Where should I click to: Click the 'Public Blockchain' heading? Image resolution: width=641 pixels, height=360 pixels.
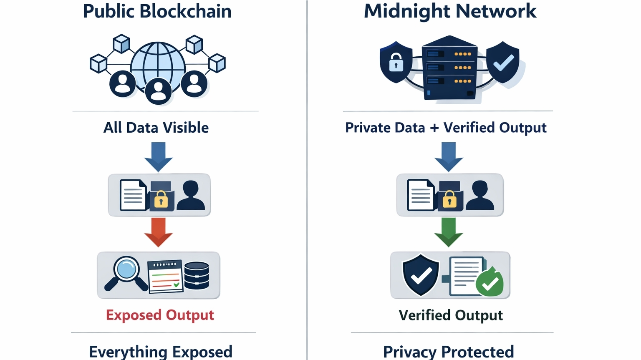157,11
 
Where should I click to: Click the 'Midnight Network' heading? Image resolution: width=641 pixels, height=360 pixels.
450,11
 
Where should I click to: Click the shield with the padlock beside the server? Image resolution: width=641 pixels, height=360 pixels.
396,62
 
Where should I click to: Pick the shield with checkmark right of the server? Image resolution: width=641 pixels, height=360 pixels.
503,62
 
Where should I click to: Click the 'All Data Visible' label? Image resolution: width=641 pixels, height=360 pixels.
156,128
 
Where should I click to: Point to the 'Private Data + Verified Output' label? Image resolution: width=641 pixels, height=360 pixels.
446,128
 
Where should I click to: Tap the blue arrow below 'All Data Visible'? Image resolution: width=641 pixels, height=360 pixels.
158,157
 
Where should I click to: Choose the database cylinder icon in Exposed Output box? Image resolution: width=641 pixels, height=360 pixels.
197,275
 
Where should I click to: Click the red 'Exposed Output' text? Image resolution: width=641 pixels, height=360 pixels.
160,315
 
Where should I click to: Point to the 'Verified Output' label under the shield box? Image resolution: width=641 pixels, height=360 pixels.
451,315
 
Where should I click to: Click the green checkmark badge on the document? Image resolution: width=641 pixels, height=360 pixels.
490,284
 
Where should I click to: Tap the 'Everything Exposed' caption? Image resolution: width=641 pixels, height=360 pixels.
161,352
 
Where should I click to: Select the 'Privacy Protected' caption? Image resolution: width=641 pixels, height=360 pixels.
449,352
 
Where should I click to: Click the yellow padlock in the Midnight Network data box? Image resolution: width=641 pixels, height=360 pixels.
449,199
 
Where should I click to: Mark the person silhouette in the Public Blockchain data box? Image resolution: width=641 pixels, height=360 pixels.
191,195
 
